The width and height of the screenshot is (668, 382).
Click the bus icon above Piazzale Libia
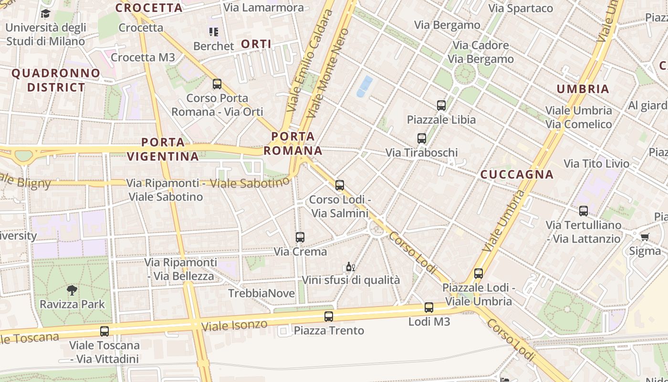(x=441, y=106)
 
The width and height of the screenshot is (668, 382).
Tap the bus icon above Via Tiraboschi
(x=421, y=138)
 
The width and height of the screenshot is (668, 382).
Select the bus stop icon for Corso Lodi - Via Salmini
(x=339, y=185)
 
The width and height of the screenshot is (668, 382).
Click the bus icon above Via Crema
(x=300, y=237)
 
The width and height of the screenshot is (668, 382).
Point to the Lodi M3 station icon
(x=428, y=308)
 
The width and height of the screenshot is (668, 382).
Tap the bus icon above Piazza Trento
(x=328, y=316)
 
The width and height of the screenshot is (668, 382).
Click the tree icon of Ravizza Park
(x=72, y=289)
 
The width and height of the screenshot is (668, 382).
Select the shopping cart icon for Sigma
(x=645, y=237)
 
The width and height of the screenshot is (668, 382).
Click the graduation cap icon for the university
(x=45, y=13)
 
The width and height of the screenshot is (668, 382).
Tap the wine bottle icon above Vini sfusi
(x=350, y=266)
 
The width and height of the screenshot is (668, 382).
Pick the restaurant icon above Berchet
(x=213, y=32)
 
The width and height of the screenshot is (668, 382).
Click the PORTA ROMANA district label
(x=293, y=144)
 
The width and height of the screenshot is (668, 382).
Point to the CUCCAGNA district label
(x=517, y=174)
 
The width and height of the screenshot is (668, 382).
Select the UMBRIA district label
(x=583, y=89)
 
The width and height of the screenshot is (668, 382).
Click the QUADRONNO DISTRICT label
(x=56, y=80)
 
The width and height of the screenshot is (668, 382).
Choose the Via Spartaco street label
(x=521, y=8)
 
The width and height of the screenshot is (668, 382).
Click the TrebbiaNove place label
(x=261, y=293)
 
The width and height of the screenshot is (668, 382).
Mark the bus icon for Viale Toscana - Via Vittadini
(x=104, y=331)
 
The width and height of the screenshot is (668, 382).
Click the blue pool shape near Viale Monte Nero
(x=365, y=86)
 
